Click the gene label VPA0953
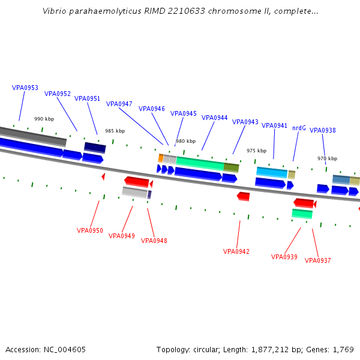coord(25,88)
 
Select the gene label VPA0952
coord(58,94)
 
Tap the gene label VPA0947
coord(119,104)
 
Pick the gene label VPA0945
coord(184,113)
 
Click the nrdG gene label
coord(299,128)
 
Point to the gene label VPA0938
coord(323,130)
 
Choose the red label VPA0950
coord(90,230)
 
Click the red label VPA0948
coord(154,241)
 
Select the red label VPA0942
coord(236,251)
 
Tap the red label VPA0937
coord(318,260)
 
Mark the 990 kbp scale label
coord(44,119)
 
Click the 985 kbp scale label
coord(115,131)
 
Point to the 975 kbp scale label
coord(256,151)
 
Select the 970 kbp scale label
coord(327,158)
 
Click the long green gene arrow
coord(200,163)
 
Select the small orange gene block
coord(161,158)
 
